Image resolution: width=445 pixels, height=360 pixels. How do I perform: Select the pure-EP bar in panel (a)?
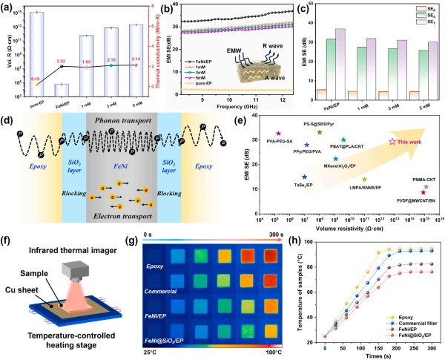point(36,59)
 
